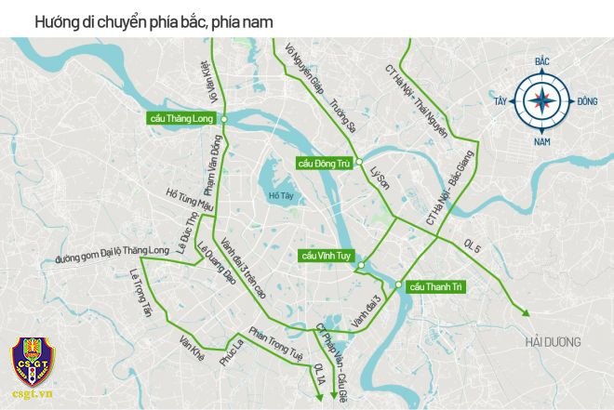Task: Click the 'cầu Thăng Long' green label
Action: click(184, 118)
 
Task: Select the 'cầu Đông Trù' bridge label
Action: click(323, 163)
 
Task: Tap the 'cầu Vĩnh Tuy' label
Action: click(326, 255)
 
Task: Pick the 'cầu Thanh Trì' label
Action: click(436, 285)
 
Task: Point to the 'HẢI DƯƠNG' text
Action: click(552, 342)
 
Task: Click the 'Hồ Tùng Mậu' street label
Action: click(189, 200)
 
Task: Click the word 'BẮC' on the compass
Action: click(541, 61)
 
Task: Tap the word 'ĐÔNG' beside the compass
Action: click(587, 101)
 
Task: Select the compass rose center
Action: click(541, 101)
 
